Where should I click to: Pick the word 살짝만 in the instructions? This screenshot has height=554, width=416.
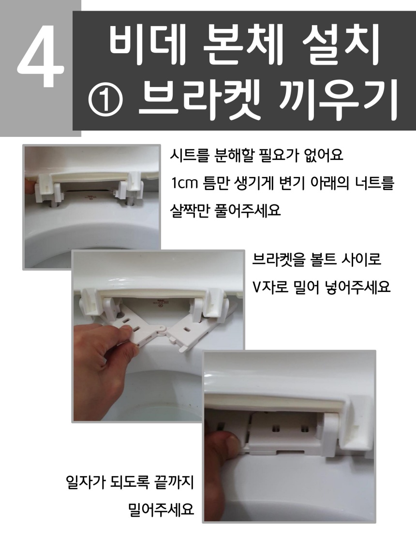[x=190, y=211]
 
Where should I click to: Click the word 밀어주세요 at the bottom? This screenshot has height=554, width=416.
[x=162, y=510]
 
